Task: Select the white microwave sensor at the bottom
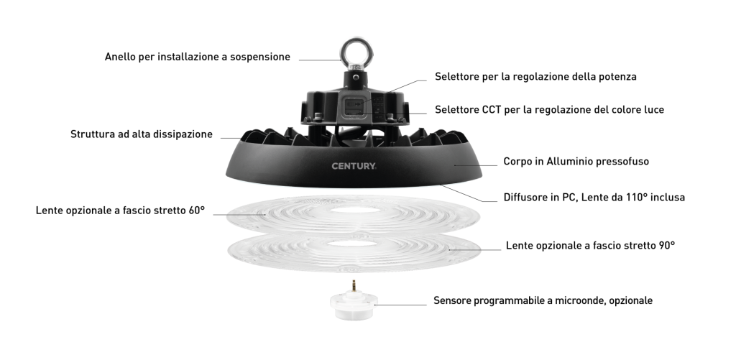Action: tap(353, 305)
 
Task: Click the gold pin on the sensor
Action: tap(354, 285)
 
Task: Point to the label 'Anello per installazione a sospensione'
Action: tap(197, 57)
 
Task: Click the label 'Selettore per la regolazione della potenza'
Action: tap(535, 76)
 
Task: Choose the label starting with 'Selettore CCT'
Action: tap(549, 110)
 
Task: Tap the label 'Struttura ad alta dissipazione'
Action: tap(142, 134)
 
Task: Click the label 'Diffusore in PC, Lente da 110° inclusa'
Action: tap(594, 197)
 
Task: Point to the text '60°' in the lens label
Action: tap(197, 211)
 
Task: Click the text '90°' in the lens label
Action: tap(666, 245)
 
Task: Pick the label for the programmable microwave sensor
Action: tap(543, 300)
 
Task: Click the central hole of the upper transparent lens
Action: tap(355, 210)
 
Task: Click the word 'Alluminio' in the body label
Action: tap(570, 162)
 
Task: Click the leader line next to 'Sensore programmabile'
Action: tap(400, 305)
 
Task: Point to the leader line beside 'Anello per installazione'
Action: tap(320, 60)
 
